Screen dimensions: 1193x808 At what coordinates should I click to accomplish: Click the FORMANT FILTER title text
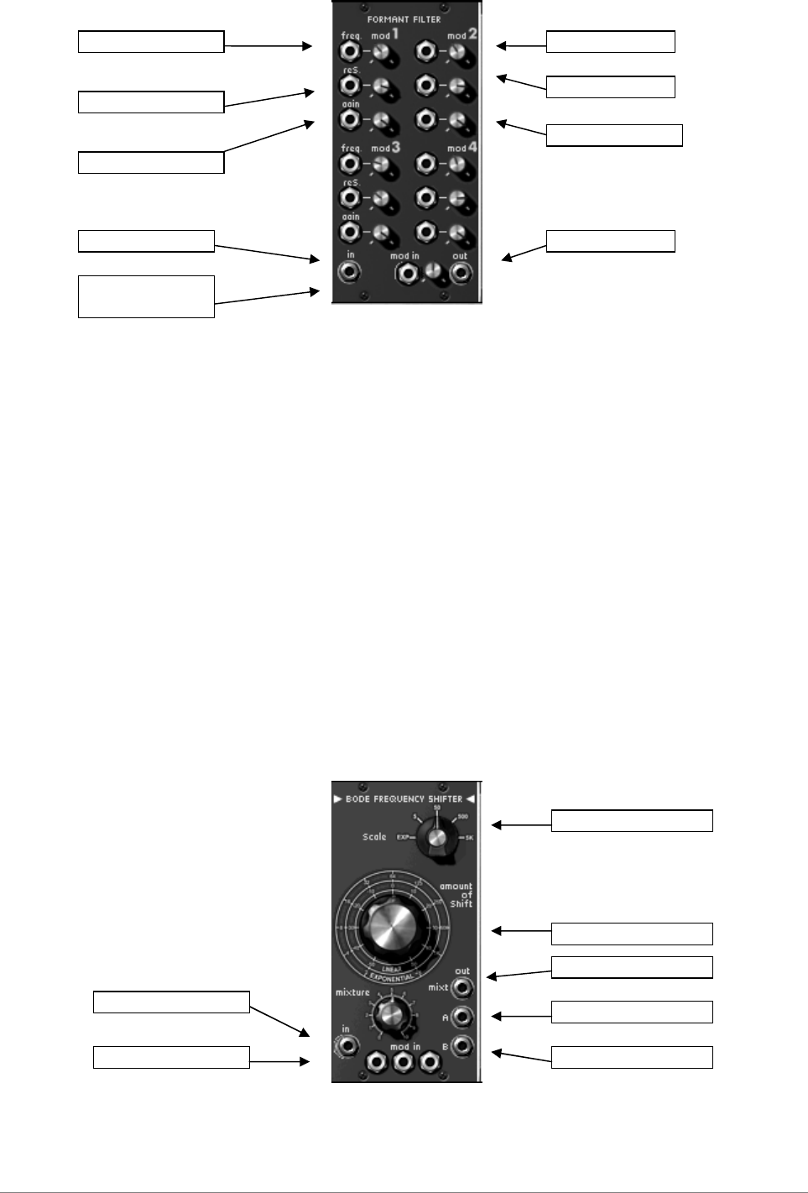coord(404,19)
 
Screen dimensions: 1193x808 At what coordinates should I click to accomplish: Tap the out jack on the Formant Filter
coord(461,274)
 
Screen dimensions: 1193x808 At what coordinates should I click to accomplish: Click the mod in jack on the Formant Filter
coord(408,274)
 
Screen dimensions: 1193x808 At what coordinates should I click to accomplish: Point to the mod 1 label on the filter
coord(385,34)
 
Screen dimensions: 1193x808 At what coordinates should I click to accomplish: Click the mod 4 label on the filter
coord(462,148)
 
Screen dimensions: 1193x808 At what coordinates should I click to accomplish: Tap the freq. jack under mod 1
coord(349,51)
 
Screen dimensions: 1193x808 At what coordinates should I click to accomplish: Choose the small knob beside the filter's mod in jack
coord(434,273)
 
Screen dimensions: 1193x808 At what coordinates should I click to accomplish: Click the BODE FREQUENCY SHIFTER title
coord(404,798)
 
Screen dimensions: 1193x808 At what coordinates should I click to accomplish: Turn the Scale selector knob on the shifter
coord(436,838)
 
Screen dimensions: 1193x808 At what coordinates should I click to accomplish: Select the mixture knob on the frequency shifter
coord(390,1012)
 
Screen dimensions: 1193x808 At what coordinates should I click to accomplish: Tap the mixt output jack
coord(461,987)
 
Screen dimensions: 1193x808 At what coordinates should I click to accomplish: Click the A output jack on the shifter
coord(461,1018)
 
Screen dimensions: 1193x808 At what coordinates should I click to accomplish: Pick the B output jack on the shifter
coord(461,1047)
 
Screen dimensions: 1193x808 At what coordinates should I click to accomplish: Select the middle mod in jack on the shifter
coord(404,1063)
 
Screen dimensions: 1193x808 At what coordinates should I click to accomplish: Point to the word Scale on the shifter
coord(374,837)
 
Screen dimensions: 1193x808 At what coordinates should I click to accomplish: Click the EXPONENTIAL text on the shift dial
coord(392,978)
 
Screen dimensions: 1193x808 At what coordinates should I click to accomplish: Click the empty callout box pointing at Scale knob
coord(632,821)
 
